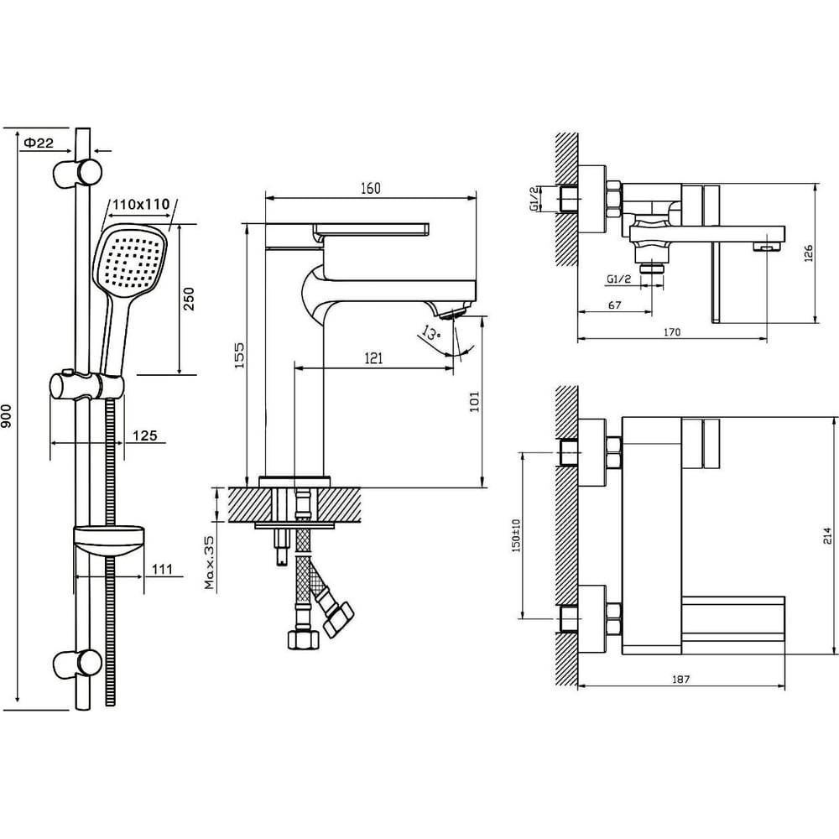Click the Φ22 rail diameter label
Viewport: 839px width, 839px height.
[x=39, y=143]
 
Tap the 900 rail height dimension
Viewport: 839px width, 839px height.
[x=6, y=415]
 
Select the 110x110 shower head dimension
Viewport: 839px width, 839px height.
[x=141, y=204]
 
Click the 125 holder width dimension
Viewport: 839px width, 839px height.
[x=145, y=435]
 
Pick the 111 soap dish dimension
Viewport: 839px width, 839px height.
[x=162, y=569]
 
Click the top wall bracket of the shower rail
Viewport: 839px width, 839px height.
[x=77, y=173]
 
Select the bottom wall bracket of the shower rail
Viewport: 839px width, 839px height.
[x=77, y=664]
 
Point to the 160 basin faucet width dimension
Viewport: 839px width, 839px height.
[x=370, y=188]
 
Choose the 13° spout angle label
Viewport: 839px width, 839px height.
[x=430, y=333]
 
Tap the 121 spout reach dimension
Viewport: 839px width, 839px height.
[x=373, y=358]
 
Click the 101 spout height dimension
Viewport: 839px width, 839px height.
[x=474, y=401]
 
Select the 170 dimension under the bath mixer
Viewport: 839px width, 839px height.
[x=672, y=332]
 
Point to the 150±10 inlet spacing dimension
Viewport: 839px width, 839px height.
[x=515, y=535]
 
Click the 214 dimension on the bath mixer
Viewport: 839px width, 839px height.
[x=828, y=535]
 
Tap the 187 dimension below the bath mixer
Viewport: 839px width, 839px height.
[x=680, y=680]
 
